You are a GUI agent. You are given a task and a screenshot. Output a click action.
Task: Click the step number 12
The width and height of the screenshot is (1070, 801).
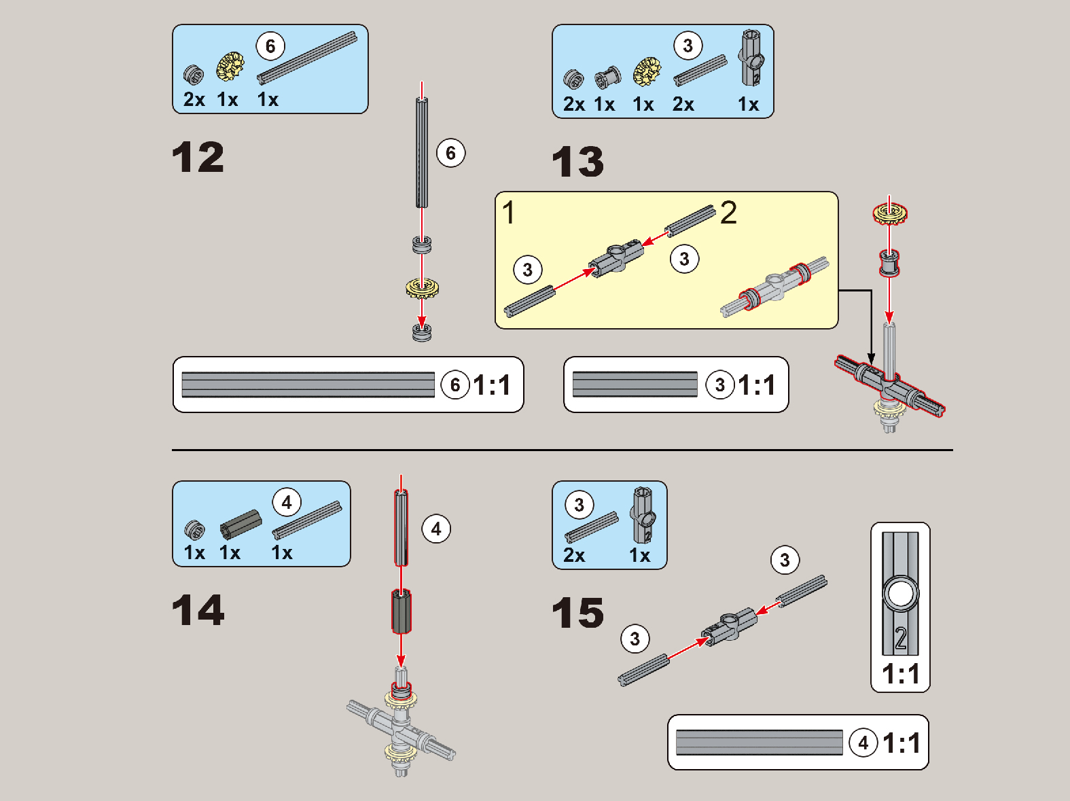coord(198,157)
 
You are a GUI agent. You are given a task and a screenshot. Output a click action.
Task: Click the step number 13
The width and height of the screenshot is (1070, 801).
coord(578,162)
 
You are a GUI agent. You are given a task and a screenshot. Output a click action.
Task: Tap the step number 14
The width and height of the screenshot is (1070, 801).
coord(198,609)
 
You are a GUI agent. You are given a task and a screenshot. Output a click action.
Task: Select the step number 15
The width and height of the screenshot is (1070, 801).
coord(578,612)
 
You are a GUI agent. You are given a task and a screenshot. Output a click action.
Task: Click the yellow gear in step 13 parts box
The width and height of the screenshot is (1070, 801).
coord(647,71)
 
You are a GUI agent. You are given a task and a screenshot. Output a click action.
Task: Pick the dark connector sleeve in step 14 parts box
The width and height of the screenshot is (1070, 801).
coord(240,524)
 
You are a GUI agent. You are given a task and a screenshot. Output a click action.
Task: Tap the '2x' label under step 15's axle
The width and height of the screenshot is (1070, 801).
coord(574,555)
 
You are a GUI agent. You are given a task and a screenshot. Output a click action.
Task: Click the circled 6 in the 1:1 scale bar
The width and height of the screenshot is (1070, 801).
coord(454,385)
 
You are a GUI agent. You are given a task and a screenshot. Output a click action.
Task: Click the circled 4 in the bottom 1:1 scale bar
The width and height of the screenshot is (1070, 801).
coord(863,743)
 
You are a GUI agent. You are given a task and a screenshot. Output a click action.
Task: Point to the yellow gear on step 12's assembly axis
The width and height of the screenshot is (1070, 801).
coord(422,288)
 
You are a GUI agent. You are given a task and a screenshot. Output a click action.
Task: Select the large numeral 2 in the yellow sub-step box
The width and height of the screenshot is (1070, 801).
coord(728,213)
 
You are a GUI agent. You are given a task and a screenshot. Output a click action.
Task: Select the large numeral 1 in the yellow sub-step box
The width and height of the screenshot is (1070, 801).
coord(508,213)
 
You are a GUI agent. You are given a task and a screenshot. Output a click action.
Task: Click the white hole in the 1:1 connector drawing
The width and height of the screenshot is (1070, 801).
coord(900,594)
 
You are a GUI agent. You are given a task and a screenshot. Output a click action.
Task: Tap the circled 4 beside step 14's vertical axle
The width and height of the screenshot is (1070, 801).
coord(435,529)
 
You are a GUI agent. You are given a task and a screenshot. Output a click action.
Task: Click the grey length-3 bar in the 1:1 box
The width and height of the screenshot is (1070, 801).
coord(635,385)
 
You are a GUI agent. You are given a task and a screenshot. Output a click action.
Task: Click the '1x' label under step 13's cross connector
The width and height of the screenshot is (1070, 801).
coord(748,105)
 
